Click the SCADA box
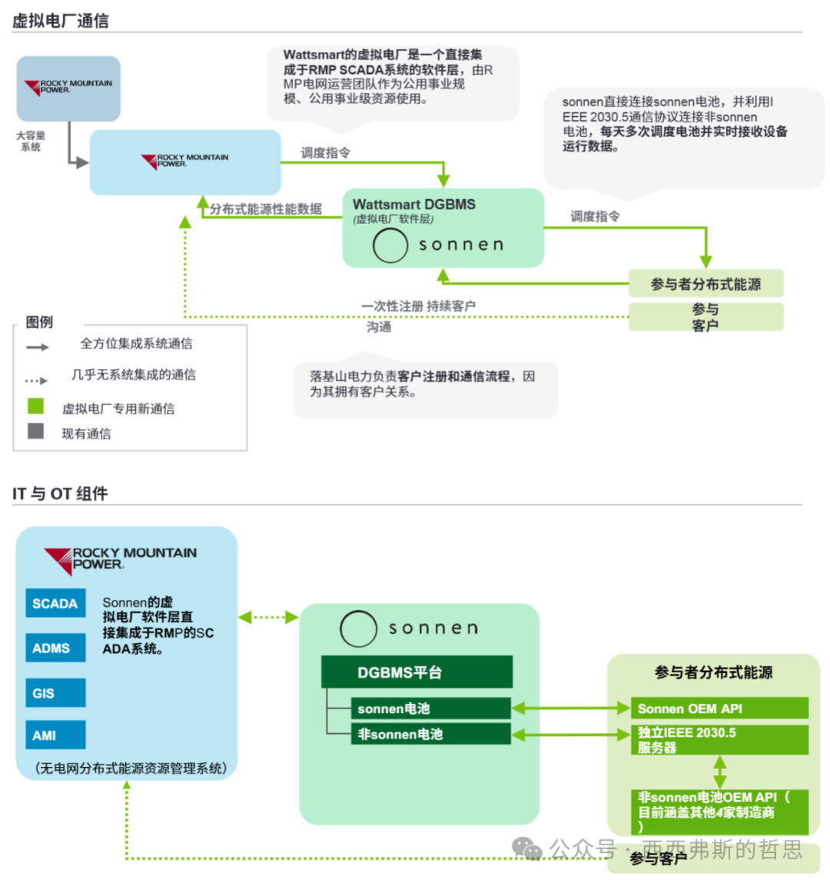point(55,604)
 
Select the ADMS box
point(55,648)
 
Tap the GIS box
point(55,693)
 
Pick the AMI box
point(55,735)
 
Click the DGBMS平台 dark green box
point(417,672)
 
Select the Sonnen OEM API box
point(719,708)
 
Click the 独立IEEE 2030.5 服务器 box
point(719,740)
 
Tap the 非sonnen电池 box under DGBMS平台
point(430,734)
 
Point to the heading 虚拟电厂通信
point(61,21)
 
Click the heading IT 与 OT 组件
point(60,493)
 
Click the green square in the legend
point(35,406)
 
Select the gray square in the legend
point(35,431)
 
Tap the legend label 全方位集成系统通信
point(137,344)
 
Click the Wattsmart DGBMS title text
point(413,205)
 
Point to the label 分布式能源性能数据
point(266,209)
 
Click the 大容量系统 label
point(31,141)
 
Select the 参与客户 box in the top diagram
point(705,317)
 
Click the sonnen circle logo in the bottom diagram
point(358,629)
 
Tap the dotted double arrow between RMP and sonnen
point(268,617)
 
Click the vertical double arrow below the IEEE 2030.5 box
point(719,771)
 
